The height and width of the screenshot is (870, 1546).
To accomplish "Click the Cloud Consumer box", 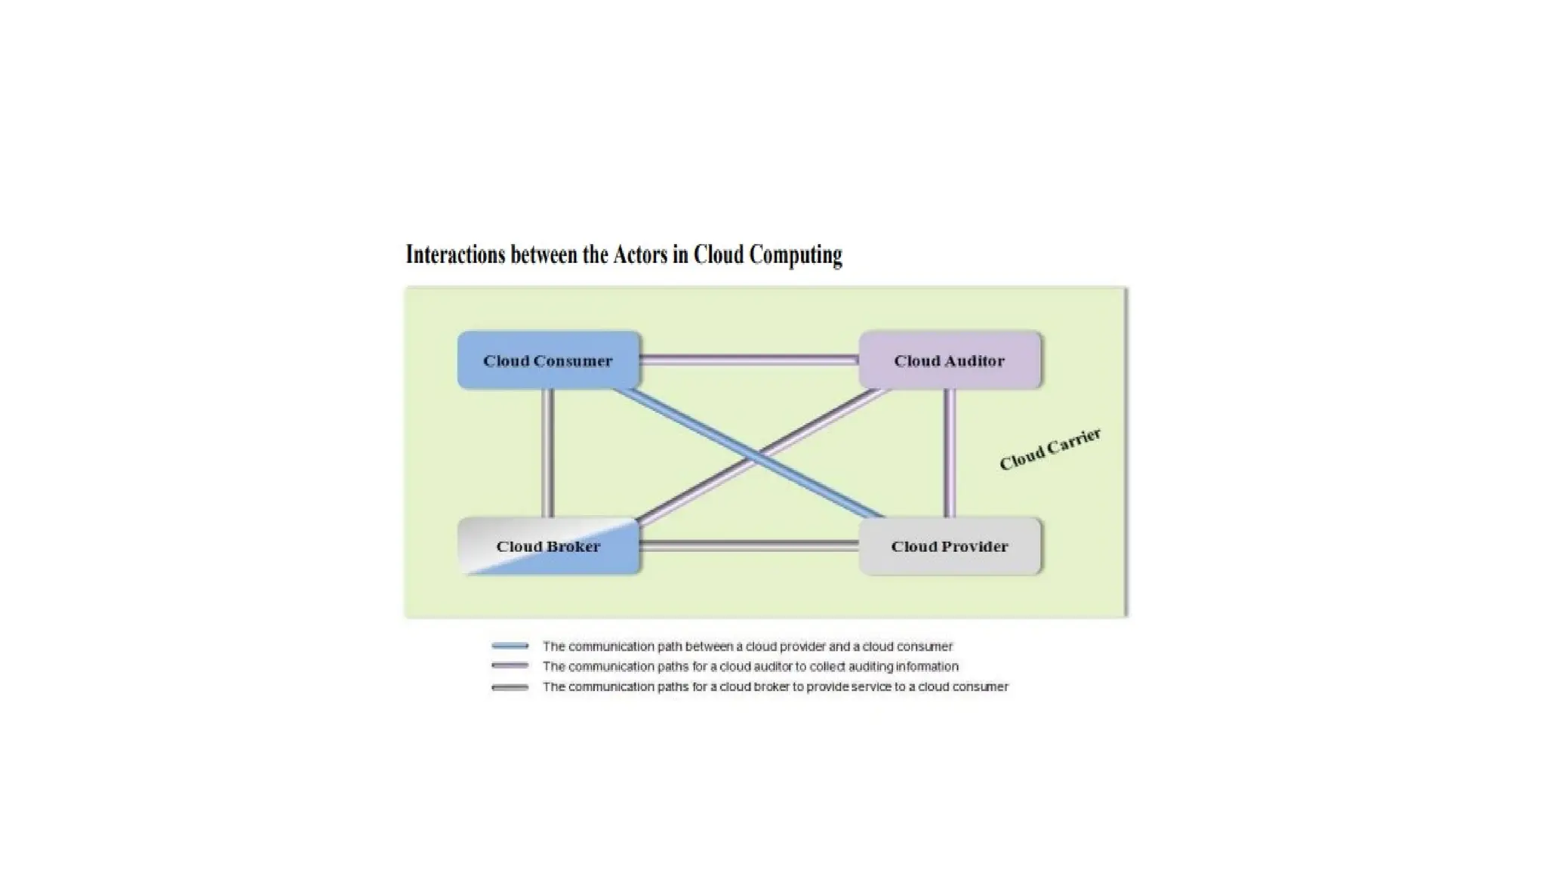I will tap(548, 360).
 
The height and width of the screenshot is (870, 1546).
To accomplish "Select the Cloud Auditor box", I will tap(950, 360).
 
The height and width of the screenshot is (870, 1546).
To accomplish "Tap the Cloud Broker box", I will tap(548, 546).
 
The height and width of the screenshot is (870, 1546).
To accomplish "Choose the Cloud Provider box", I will tap(950, 546).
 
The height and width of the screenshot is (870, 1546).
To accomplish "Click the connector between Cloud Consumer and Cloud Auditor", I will tap(749, 360).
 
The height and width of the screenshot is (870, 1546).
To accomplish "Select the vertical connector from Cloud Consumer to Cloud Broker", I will tap(548, 453).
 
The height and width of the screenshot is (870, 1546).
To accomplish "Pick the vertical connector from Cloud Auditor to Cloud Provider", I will tap(950, 453).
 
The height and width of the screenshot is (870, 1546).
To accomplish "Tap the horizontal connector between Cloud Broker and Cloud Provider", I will tap(749, 546).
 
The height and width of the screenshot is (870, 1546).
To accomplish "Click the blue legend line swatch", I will tap(510, 646).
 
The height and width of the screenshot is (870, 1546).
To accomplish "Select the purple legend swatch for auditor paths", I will tap(510, 666).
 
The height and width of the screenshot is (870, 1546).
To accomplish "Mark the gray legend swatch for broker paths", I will tap(510, 687).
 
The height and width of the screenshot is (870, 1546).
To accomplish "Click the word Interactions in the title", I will tap(455, 255).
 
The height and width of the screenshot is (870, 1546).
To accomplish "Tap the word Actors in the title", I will tap(640, 255).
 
